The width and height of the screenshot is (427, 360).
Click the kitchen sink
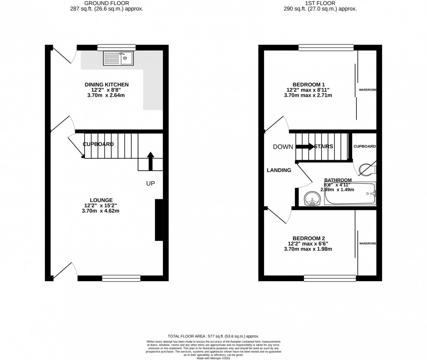[118, 58]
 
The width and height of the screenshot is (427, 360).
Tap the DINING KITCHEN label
[107, 84]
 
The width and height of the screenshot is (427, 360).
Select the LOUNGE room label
[102, 200]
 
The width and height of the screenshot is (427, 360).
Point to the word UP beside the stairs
[150, 184]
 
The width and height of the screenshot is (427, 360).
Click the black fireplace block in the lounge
[159, 220]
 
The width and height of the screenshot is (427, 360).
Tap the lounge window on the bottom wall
[121, 278]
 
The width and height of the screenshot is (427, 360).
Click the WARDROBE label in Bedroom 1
[367, 90]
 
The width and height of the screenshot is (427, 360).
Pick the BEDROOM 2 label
[308, 238]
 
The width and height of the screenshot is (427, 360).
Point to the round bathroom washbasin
[313, 199]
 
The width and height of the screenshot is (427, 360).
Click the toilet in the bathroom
[368, 168]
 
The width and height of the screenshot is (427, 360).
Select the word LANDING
[279, 170]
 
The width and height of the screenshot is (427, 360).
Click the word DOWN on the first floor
[283, 147]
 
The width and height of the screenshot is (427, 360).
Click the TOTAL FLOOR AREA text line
[213, 336]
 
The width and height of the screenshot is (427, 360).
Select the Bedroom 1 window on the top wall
[325, 47]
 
